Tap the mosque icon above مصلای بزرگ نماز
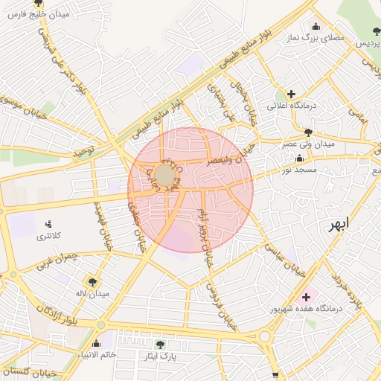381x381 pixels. (x=316, y=27)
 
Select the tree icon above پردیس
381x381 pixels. (x=376, y=31)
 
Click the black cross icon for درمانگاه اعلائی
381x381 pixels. (x=291, y=95)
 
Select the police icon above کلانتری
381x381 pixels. (x=49, y=223)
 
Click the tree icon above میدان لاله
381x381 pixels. (x=92, y=282)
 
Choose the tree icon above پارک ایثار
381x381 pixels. (x=160, y=345)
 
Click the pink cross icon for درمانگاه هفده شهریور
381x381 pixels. (x=306, y=296)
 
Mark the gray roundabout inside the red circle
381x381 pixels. (x=164, y=176)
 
